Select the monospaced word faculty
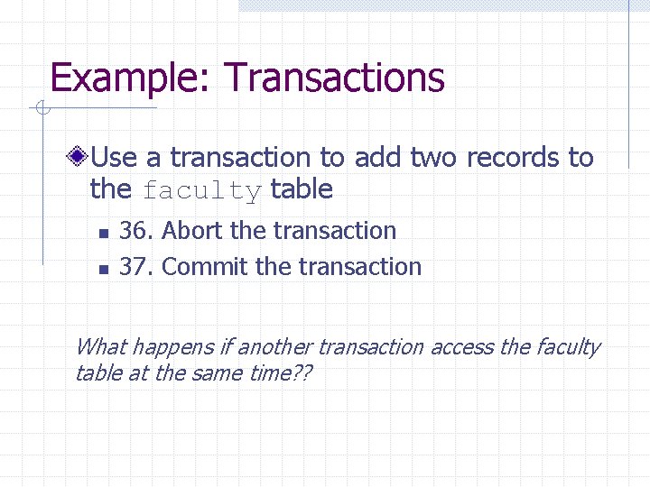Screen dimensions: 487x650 202,191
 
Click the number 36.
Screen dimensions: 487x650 137,231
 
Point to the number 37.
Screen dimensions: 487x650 137,267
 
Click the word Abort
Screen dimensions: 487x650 193,231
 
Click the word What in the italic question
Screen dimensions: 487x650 100,347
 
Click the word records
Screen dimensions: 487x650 513,158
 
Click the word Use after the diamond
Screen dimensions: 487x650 115,158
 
